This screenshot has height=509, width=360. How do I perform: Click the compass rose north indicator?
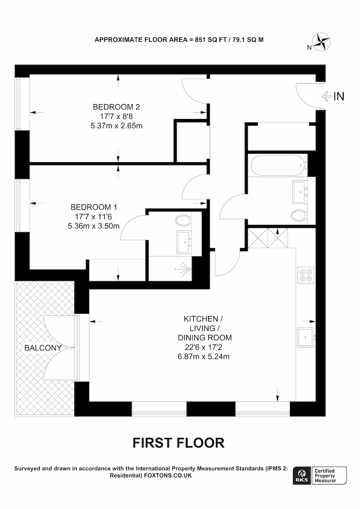(x=321, y=42)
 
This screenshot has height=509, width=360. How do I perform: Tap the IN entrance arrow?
(x=326, y=96)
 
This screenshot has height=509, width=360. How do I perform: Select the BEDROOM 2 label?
(x=116, y=107)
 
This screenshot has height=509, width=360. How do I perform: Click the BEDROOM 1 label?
(x=94, y=207)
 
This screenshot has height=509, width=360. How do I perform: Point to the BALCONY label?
(x=43, y=348)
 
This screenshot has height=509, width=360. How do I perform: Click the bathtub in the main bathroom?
(x=279, y=166)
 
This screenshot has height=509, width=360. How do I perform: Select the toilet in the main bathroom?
(x=299, y=215)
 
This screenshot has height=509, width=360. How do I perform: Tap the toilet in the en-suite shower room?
(x=183, y=220)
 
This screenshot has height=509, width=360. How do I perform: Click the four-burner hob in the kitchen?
(x=306, y=275)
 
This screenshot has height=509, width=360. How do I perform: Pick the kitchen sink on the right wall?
(x=306, y=337)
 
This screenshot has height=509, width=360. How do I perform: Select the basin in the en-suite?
(x=184, y=242)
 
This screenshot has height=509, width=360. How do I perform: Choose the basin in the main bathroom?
(x=300, y=192)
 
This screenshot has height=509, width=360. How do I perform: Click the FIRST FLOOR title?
(x=179, y=443)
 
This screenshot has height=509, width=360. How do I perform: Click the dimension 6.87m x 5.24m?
(x=204, y=356)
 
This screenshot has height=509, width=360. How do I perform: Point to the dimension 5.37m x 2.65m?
(x=116, y=126)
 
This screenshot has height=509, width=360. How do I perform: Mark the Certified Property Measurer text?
(x=325, y=475)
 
